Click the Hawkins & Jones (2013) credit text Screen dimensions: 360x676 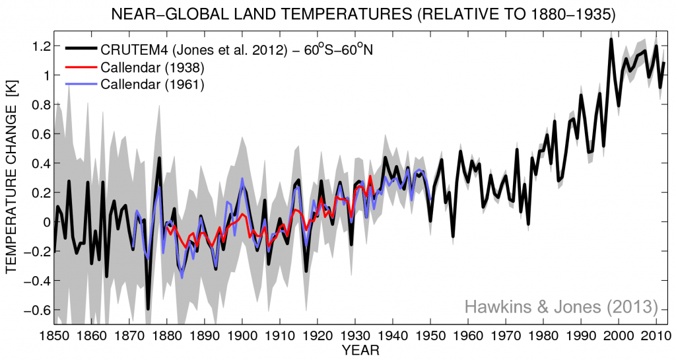tap(561, 306)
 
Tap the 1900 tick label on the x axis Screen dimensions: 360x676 tap(243, 336)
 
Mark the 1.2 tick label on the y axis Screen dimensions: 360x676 tap(40, 46)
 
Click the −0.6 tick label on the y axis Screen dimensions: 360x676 tap(37, 310)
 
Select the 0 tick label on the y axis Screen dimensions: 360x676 tap(46, 222)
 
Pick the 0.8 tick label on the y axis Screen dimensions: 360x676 tap(40, 105)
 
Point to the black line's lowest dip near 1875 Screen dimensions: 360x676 tap(148, 308)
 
